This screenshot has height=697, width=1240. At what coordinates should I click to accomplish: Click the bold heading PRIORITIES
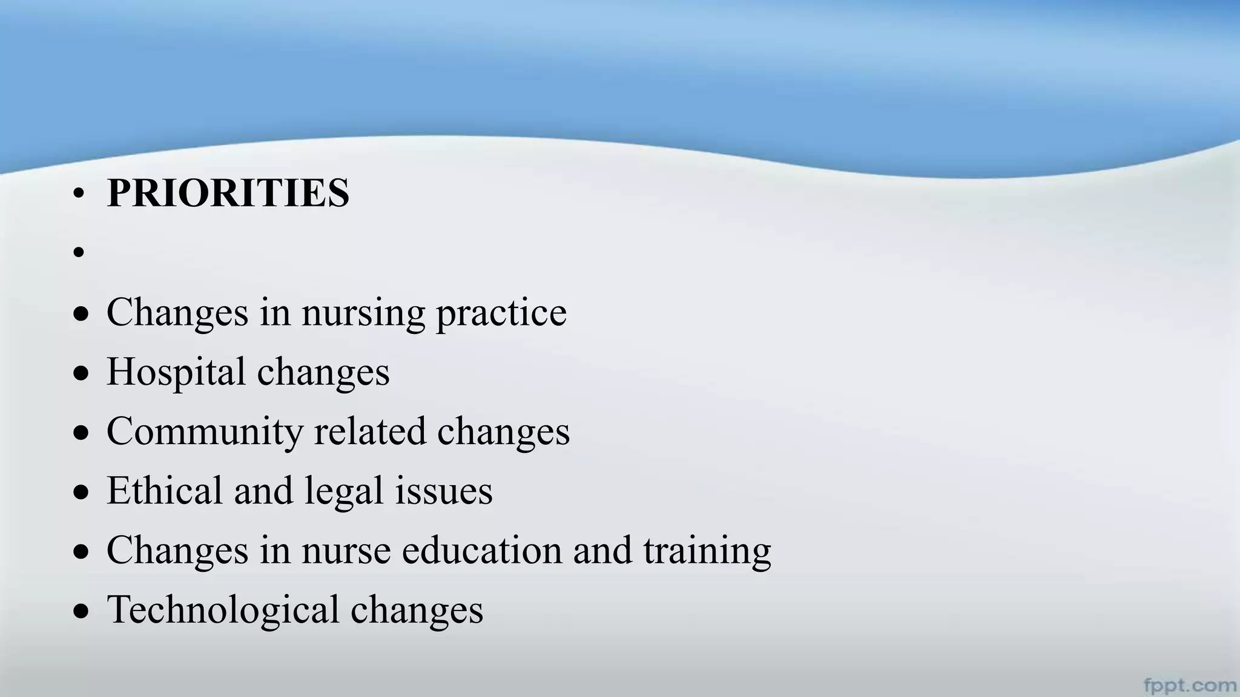tap(228, 193)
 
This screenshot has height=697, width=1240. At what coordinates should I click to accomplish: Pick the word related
tap(369, 431)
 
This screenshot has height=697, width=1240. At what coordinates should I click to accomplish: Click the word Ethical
tap(165, 490)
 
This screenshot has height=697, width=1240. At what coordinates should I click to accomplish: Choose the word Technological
tap(223, 610)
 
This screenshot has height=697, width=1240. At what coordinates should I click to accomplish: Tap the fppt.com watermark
tap(1190, 685)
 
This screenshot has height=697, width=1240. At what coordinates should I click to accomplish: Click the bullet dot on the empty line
tap(78, 252)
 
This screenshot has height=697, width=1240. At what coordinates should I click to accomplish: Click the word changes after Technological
tap(417, 610)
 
